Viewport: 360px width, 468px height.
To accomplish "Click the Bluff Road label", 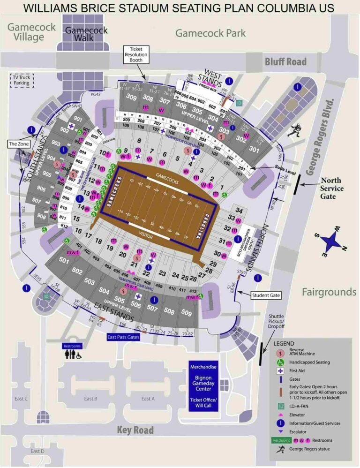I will (285, 61).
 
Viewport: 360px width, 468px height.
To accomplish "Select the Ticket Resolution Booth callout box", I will (136, 55).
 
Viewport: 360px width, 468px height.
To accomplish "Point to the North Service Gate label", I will (331, 188).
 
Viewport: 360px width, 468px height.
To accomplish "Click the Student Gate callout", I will (266, 295).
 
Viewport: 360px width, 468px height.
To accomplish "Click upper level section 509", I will (186, 313).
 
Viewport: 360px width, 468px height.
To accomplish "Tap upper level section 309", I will (131, 98).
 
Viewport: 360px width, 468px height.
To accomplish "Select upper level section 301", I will (254, 150).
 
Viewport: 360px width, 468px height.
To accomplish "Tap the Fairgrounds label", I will (329, 292).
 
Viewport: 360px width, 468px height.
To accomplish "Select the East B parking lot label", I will (90, 399).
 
